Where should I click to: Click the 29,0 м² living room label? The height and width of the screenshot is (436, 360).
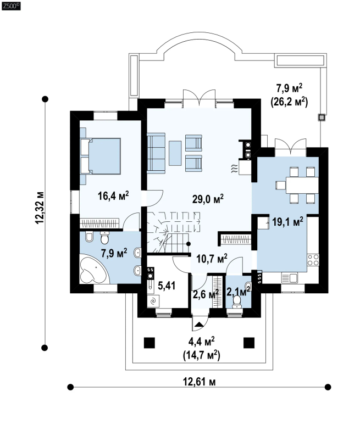[208, 199]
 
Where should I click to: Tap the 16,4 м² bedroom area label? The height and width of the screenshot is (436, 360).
[113, 195]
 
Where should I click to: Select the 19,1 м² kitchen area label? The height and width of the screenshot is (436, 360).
[287, 222]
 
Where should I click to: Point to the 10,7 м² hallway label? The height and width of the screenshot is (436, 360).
[212, 259]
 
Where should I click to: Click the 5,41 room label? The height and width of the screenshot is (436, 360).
[167, 286]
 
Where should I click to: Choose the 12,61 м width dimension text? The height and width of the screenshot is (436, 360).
[199, 382]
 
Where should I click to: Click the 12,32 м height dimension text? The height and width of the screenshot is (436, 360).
[40, 208]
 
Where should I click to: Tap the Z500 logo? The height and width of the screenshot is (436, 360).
[11, 6]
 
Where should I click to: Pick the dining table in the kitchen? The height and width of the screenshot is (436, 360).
[302, 185]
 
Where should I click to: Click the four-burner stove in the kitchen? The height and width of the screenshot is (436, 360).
[313, 260]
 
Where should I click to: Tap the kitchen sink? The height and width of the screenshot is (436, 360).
[290, 278]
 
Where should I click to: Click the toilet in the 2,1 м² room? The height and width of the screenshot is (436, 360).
[237, 301]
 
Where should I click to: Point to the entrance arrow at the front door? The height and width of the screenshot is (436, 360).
[199, 324]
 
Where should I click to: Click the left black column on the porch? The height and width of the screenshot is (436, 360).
[149, 343]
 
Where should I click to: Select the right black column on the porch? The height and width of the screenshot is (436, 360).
[249, 343]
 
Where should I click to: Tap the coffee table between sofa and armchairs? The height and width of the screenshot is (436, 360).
[175, 153]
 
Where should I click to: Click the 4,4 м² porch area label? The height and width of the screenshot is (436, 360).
[201, 342]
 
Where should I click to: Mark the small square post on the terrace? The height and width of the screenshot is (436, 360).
[322, 118]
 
